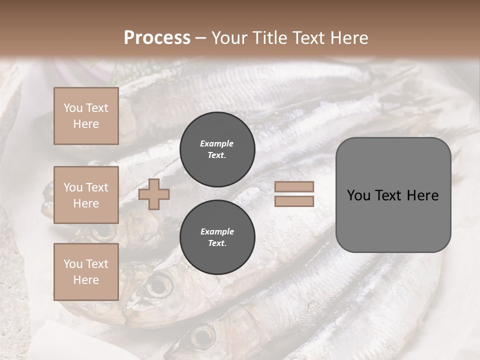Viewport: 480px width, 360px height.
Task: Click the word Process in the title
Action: click(157, 38)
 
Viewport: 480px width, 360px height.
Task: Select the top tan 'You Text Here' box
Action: click(86, 116)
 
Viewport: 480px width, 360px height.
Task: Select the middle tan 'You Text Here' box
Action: click(86, 195)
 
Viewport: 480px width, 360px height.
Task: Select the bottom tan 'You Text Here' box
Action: click(86, 271)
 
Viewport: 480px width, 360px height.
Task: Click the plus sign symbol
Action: click(154, 194)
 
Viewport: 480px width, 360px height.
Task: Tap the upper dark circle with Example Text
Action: click(217, 149)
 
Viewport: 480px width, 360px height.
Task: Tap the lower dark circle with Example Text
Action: click(217, 237)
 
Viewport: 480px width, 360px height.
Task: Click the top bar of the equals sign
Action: click(294, 186)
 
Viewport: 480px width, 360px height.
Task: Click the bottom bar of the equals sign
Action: click(294, 201)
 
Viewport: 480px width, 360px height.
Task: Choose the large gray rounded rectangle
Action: click(393, 225)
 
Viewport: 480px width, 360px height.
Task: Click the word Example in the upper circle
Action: click(216, 143)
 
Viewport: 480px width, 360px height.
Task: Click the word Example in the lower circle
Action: click(217, 231)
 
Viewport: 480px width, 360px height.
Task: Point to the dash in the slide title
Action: click(201, 38)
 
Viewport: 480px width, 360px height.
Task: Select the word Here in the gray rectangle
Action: click(422, 195)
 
